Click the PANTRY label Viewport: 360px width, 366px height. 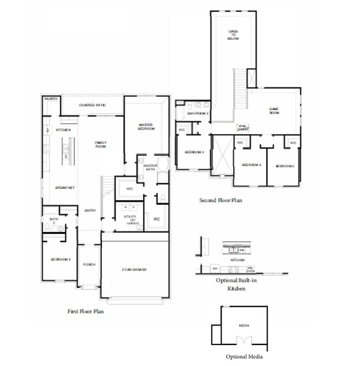point(51,99)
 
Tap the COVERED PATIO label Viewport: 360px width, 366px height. point(92,105)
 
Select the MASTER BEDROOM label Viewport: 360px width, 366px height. point(146,127)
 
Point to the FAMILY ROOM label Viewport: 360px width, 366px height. point(100,144)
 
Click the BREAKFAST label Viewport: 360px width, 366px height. point(65,188)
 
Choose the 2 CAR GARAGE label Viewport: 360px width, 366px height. point(135,270)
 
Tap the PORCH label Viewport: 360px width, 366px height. point(89,265)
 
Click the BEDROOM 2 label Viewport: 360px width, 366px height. point(60,259)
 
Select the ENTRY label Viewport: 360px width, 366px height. point(90,210)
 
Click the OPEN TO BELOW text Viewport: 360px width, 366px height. point(233,35)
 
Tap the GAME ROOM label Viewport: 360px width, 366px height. point(274,111)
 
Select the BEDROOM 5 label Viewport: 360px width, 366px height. point(194,152)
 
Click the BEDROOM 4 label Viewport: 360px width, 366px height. point(251,165)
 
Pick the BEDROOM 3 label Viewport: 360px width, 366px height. point(285,166)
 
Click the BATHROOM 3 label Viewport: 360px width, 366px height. point(197,114)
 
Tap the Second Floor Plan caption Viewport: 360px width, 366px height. point(220,200)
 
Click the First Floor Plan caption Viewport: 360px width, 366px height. point(85,312)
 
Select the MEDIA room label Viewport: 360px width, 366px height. point(244,326)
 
